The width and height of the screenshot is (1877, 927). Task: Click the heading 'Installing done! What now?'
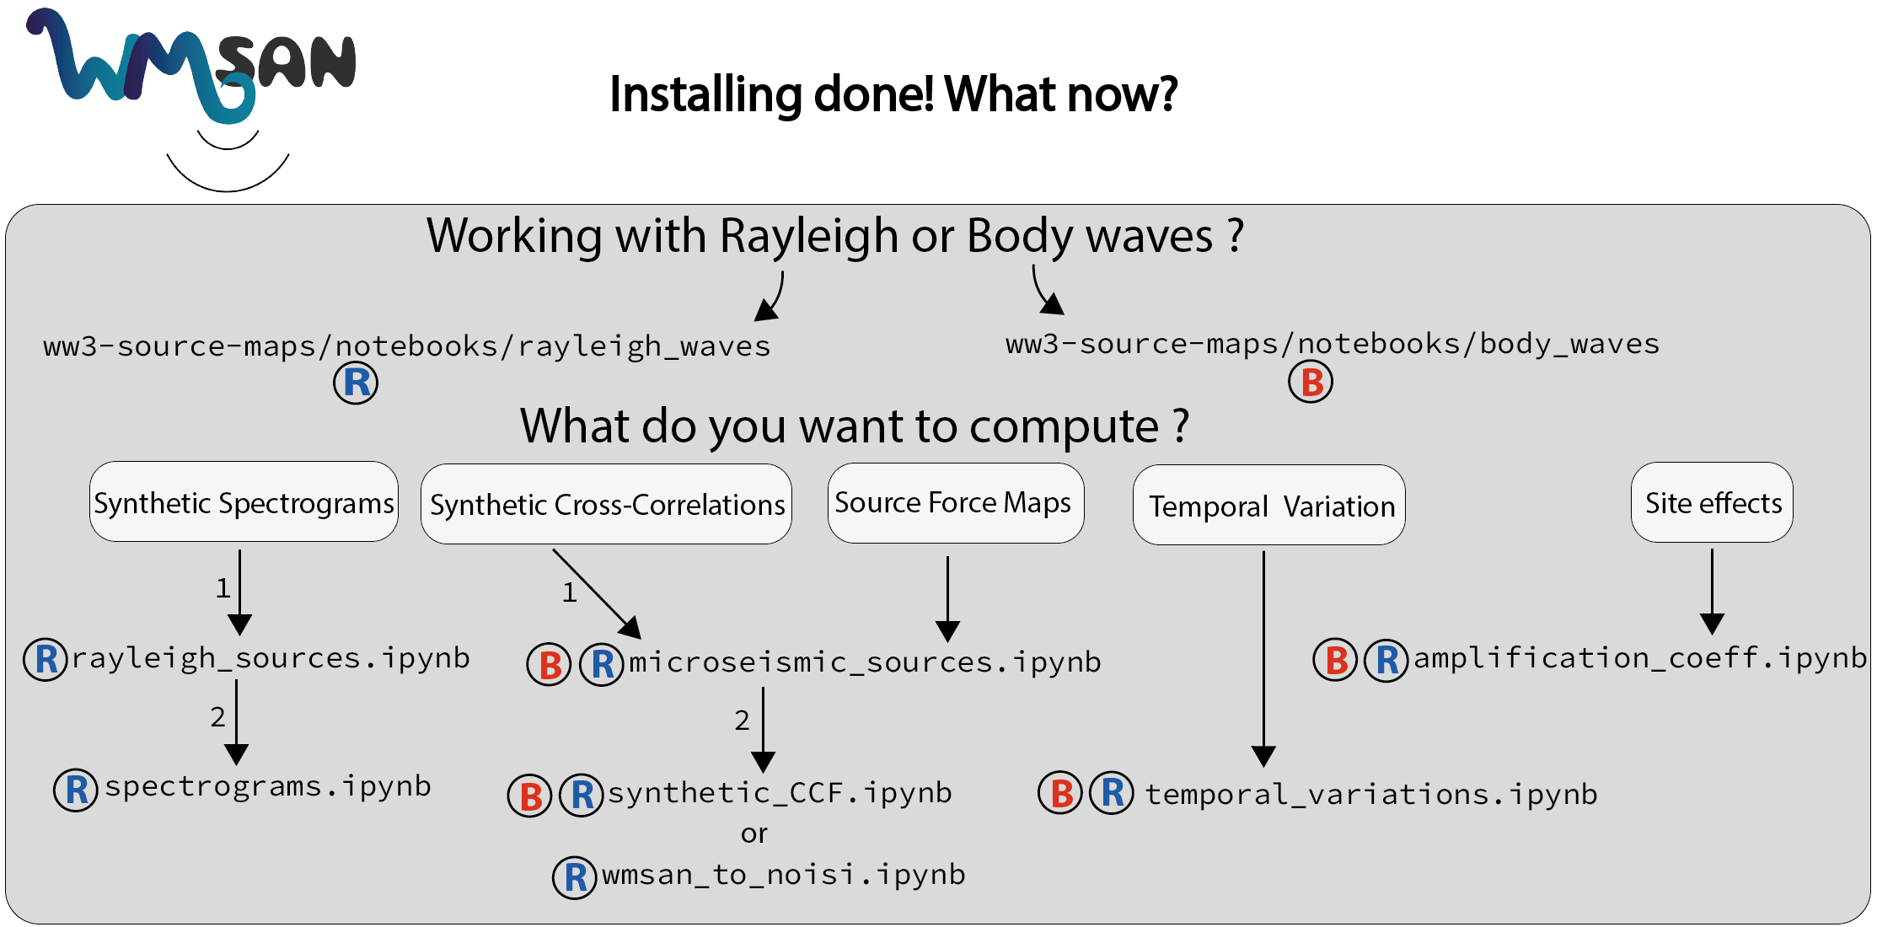[893, 94]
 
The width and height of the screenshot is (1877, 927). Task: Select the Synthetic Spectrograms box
[244, 502]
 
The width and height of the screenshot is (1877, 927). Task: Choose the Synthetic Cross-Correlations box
[606, 504]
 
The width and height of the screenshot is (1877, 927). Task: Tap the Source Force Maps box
[955, 502]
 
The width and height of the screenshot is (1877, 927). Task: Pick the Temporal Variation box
[1268, 506]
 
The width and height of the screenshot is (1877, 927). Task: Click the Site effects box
[1712, 502]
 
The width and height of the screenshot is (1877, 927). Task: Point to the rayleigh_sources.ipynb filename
[270, 658]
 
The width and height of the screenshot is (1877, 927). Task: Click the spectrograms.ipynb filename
[267, 786]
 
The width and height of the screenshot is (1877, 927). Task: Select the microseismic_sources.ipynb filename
[865, 662]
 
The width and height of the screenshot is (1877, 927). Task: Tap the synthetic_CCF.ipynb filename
[780, 793]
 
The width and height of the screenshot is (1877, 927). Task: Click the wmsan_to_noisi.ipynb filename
[783, 875]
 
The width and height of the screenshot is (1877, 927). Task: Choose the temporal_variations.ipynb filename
[1370, 794]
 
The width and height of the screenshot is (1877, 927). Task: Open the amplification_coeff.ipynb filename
[1639, 658]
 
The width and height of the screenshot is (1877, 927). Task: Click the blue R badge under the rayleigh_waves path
[356, 383]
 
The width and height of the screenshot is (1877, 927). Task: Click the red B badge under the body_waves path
[1311, 383]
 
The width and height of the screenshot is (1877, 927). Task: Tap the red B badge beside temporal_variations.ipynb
[1060, 793]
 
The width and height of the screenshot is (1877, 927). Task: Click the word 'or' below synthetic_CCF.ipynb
[753, 834]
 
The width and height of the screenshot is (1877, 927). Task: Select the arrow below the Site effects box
[1712, 592]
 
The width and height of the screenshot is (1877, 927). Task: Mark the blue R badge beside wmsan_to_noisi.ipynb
[575, 877]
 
